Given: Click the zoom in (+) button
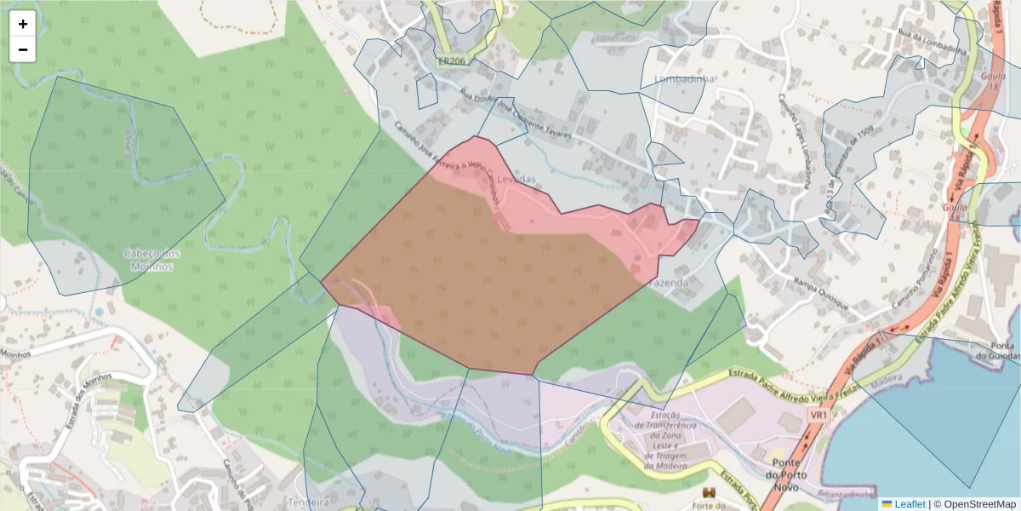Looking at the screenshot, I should point(23,24).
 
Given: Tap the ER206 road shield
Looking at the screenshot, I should point(453,62).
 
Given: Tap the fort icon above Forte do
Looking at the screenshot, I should point(708,493).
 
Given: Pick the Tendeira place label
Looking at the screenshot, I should point(309,502).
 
